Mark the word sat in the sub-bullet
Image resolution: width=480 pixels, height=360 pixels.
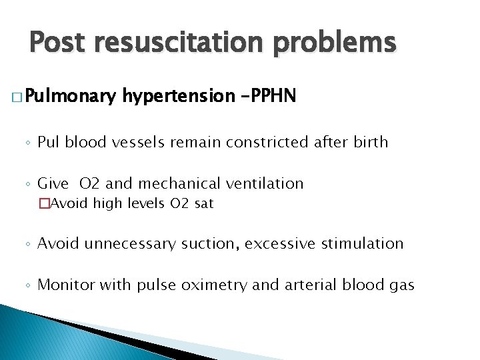pyautogui.click(x=204, y=204)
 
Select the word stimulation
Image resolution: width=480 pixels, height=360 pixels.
pyautogui.click(x=365, y=243)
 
